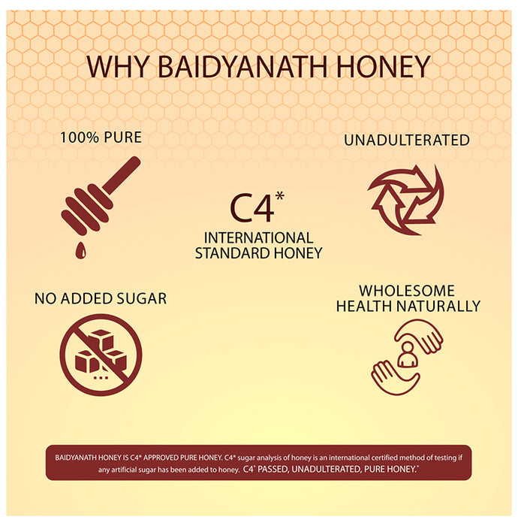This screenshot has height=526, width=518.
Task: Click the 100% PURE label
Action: coord(101,138)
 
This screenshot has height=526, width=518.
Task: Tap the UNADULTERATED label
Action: coord(406,141)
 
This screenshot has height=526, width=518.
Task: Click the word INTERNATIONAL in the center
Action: coord(259,237)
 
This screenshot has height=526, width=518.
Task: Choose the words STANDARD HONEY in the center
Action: coord(258,253)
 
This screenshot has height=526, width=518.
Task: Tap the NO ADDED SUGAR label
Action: coord(101,298)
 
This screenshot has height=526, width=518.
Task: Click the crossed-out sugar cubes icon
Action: coord(101,355)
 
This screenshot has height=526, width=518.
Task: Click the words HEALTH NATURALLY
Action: coord(408,306)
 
